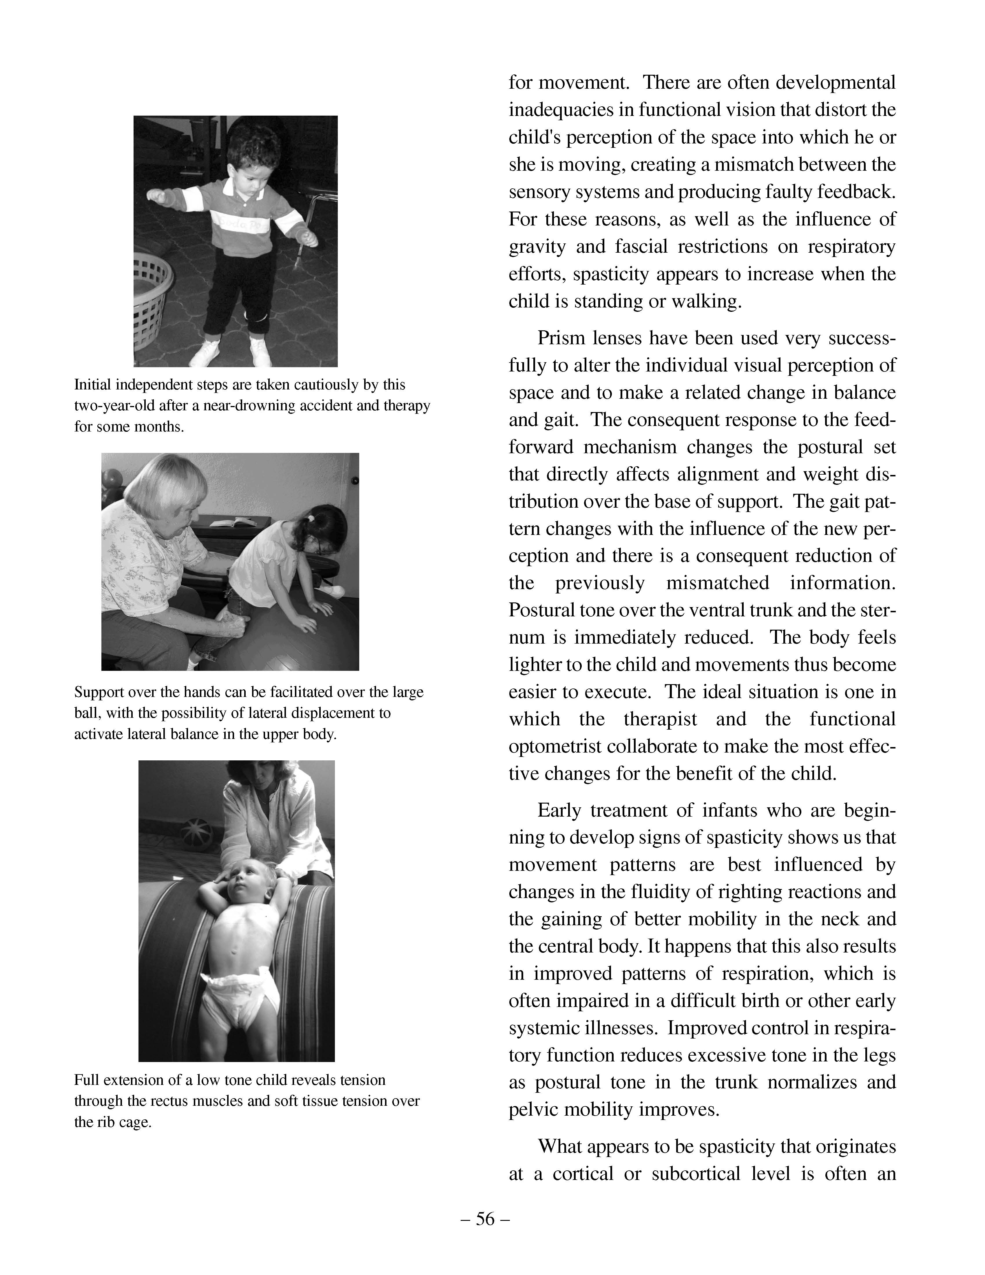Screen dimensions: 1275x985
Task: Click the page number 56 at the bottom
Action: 485,1219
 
